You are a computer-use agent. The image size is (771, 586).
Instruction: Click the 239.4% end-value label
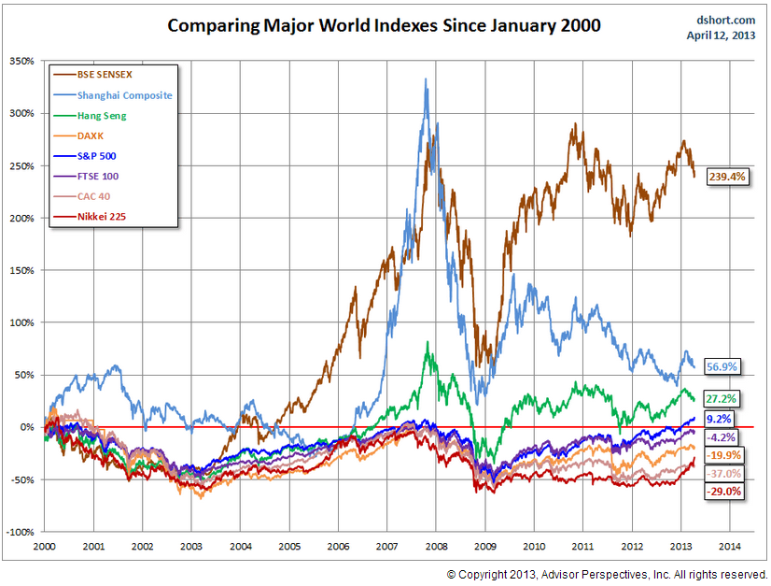tap(733, 175)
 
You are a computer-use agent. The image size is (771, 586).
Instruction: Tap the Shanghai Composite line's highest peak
tap(427, 79)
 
